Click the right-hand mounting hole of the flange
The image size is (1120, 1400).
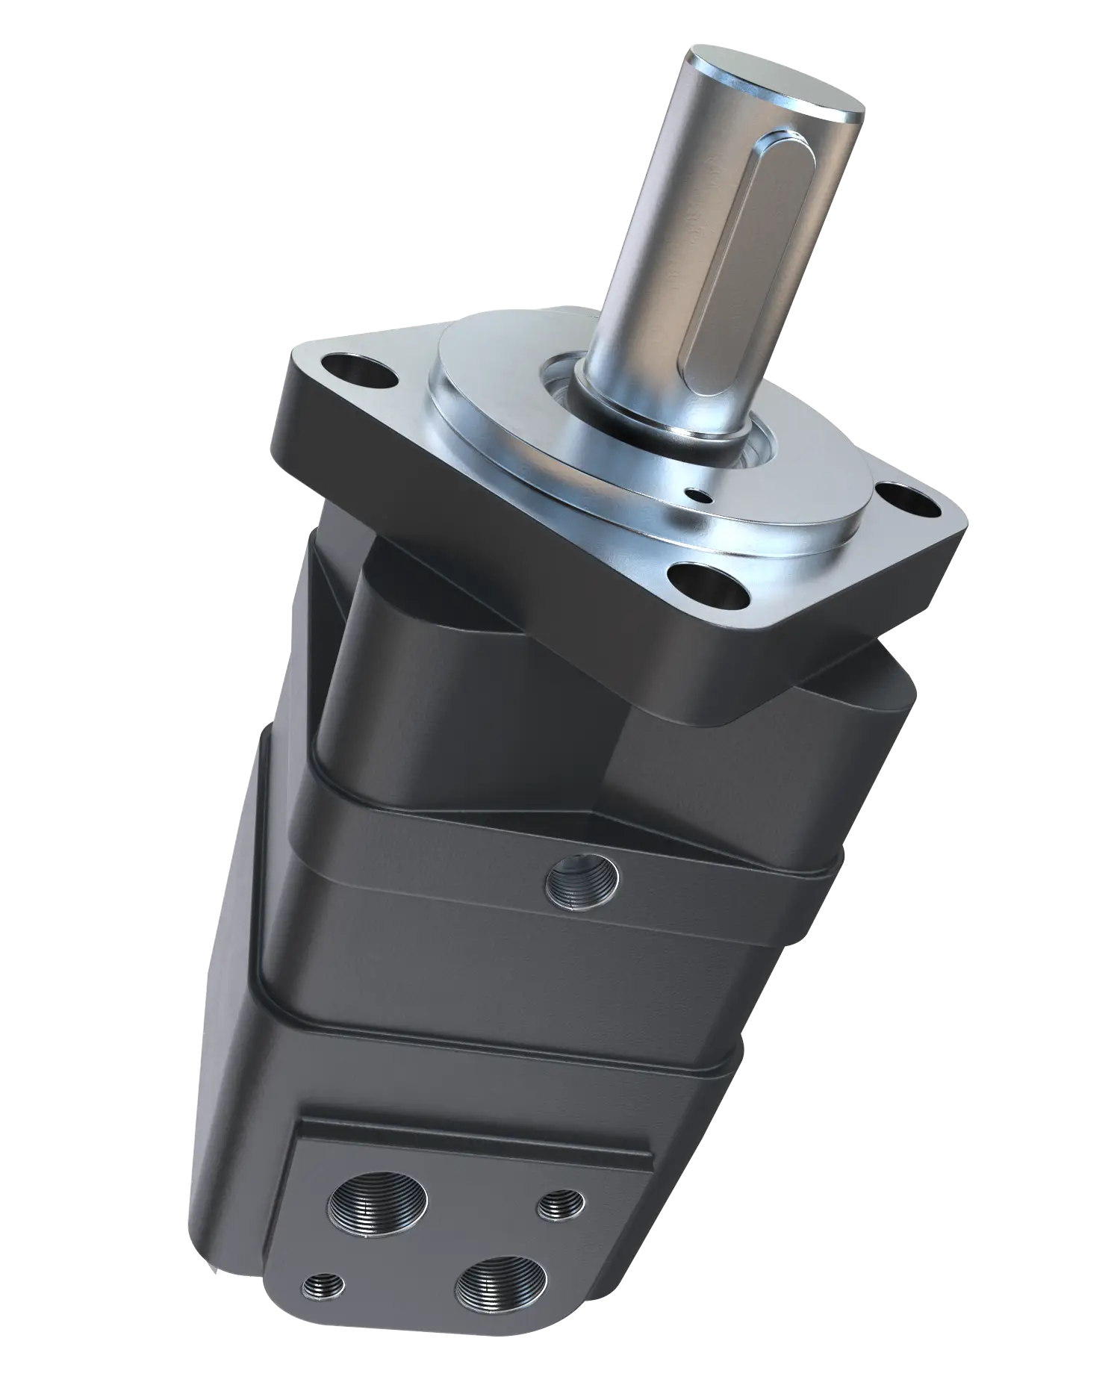pyautogui.click(x=905, y=499)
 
